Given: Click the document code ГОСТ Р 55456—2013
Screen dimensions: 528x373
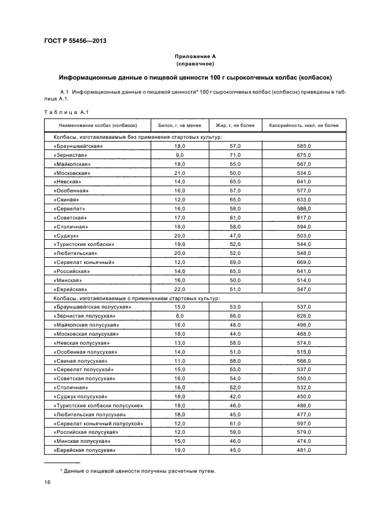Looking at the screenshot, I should tap(75, 41).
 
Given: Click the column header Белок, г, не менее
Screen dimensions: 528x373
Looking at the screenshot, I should tap(179, 125).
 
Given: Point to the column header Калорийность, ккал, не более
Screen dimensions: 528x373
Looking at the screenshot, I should tap(304, 125).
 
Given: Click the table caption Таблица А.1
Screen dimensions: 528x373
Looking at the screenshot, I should tap(63, 112).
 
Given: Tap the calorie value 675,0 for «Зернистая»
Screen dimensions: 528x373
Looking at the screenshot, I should tap(304, 155).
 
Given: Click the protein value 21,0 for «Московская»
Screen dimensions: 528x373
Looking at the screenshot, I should tap(179, 173).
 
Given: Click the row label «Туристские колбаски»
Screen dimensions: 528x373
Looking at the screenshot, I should tap(84, 245).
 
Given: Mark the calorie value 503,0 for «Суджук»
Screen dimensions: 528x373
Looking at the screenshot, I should tap(304, 236).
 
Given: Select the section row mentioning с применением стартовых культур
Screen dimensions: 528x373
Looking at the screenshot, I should tap(137, 298).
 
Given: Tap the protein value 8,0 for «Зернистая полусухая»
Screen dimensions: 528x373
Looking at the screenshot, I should tap(179, 316).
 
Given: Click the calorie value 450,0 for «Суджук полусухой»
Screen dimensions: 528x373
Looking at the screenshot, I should tap(304, 397).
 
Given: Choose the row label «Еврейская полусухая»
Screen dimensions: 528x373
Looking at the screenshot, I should tap(85, 450).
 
